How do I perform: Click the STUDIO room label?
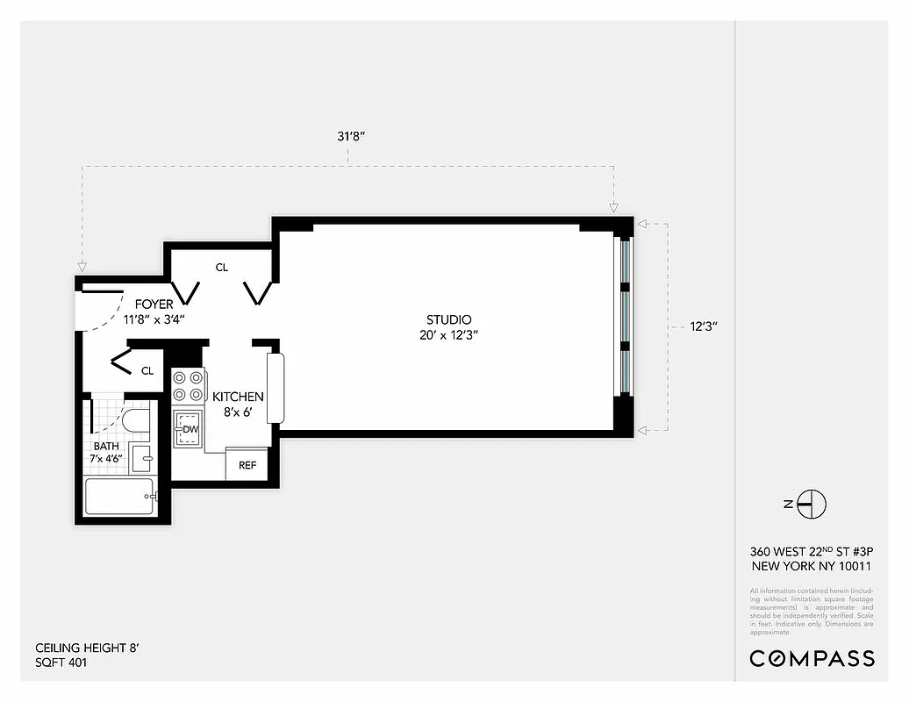448,320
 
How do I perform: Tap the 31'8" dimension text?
349,136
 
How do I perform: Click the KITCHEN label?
238,398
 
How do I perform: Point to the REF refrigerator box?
247,465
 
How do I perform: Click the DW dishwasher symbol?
189,429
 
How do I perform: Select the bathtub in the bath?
119,497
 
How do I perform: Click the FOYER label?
154,304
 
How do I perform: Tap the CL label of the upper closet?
221,268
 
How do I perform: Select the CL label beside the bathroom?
147,371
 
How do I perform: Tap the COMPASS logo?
811,658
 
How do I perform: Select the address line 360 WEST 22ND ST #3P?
811,552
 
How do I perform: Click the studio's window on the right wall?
625,316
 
